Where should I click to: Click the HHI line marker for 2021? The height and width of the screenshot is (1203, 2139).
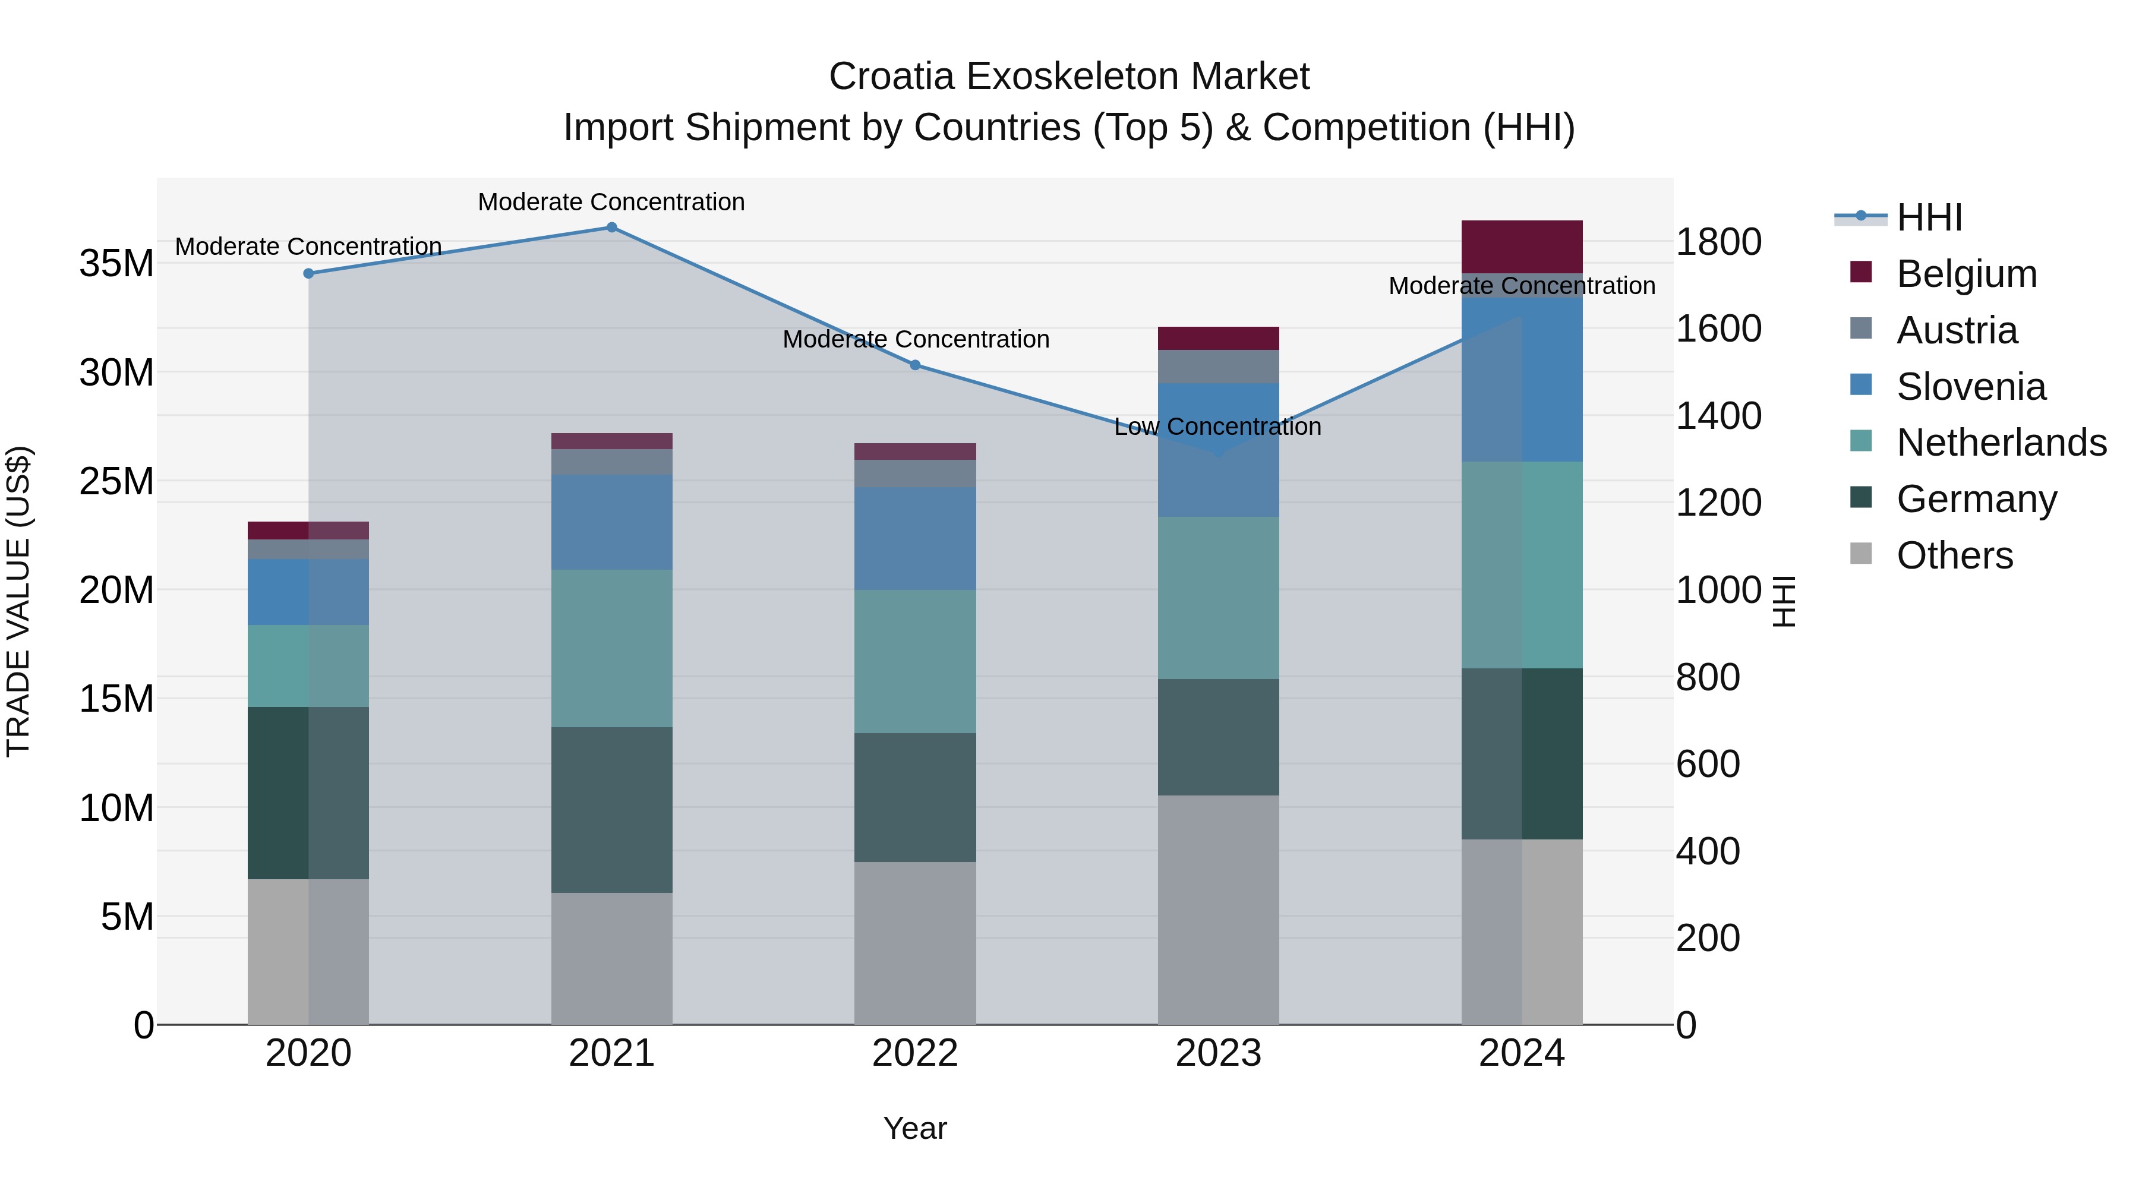click(611, 228)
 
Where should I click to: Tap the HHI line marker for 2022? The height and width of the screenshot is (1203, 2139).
click(915, 365)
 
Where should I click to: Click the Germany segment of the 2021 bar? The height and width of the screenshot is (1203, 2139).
click(611, 810)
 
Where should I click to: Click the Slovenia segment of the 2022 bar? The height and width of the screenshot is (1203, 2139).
click(915, 538)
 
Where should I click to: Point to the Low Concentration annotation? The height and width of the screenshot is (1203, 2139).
click(1217, 427)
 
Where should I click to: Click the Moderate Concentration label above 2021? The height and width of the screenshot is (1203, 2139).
click(611, 202)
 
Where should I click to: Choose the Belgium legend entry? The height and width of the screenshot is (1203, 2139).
click(1966, 274)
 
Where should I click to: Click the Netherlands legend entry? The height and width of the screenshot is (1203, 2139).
click(2001, 443)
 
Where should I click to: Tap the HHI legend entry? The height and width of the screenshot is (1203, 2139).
click(1929, 217)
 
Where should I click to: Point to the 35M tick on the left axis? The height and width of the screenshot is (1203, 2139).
click(116, 264)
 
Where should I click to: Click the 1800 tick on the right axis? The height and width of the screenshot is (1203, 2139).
click(1718, 242)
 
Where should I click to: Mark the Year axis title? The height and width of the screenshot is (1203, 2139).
click(915, 1128)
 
